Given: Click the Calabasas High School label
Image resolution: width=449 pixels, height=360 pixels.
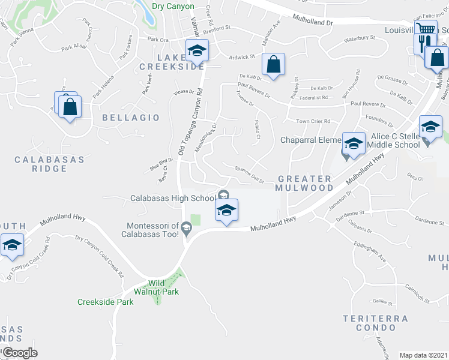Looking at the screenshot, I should (173, 198).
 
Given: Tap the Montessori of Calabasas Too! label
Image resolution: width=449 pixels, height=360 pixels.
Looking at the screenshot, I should (152, 230).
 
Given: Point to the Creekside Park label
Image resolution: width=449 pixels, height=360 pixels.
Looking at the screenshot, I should (106, 302).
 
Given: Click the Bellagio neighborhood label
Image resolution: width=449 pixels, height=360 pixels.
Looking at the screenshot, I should (131, 118).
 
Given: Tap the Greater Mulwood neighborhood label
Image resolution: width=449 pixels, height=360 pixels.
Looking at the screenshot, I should (306, 183).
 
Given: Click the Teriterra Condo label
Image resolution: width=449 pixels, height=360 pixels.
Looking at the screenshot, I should (376, 323).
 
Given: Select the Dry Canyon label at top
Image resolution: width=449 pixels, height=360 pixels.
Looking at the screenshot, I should (173, 6).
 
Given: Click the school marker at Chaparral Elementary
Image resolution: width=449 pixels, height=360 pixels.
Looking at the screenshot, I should (354, 143).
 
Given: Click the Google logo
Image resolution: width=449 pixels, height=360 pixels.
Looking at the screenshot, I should (20, 353).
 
